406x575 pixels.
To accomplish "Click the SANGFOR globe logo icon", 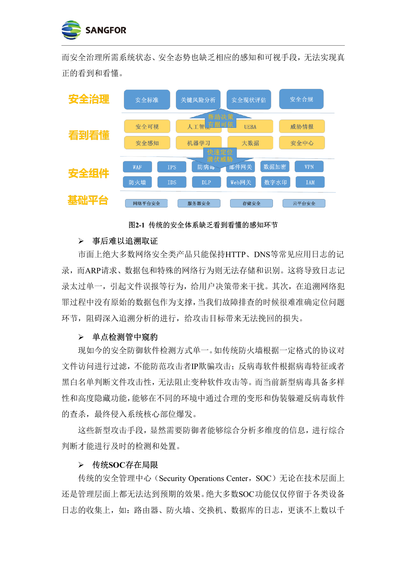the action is click(x=71, y=30).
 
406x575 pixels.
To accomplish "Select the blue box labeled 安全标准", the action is click(x=147, y=100).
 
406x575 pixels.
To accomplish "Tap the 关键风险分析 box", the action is click(x=198, y=100).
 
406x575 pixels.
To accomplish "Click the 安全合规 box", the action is click(x=301, y=99).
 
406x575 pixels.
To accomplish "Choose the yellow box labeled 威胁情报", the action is click(x=302, y=126).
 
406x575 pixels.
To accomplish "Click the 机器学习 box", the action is click(x=198, y=143).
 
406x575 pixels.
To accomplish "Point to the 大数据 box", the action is click(x=250, y=143).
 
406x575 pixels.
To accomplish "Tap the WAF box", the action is click(x=137, y=167).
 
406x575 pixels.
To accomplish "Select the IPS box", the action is click(x=172, y=167).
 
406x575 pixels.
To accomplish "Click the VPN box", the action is click(x=309, y=167).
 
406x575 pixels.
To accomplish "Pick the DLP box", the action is click(x=206, y=182).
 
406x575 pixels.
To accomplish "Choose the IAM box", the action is click(x=310, y=182).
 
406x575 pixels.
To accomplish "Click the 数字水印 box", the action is click(x=275, y=182).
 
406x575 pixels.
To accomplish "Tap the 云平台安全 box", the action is click(x=304, y=203).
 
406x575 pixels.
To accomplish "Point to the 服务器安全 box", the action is click(x=199, y=203).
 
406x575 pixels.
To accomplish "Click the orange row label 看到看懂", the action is click(x=89, y=135).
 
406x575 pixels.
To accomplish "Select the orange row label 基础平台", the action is click(x=88, y=200).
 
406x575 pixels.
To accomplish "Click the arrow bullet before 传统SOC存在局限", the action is click(x=81, y=465).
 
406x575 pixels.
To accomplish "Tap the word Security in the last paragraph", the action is click(x=172, y=478).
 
